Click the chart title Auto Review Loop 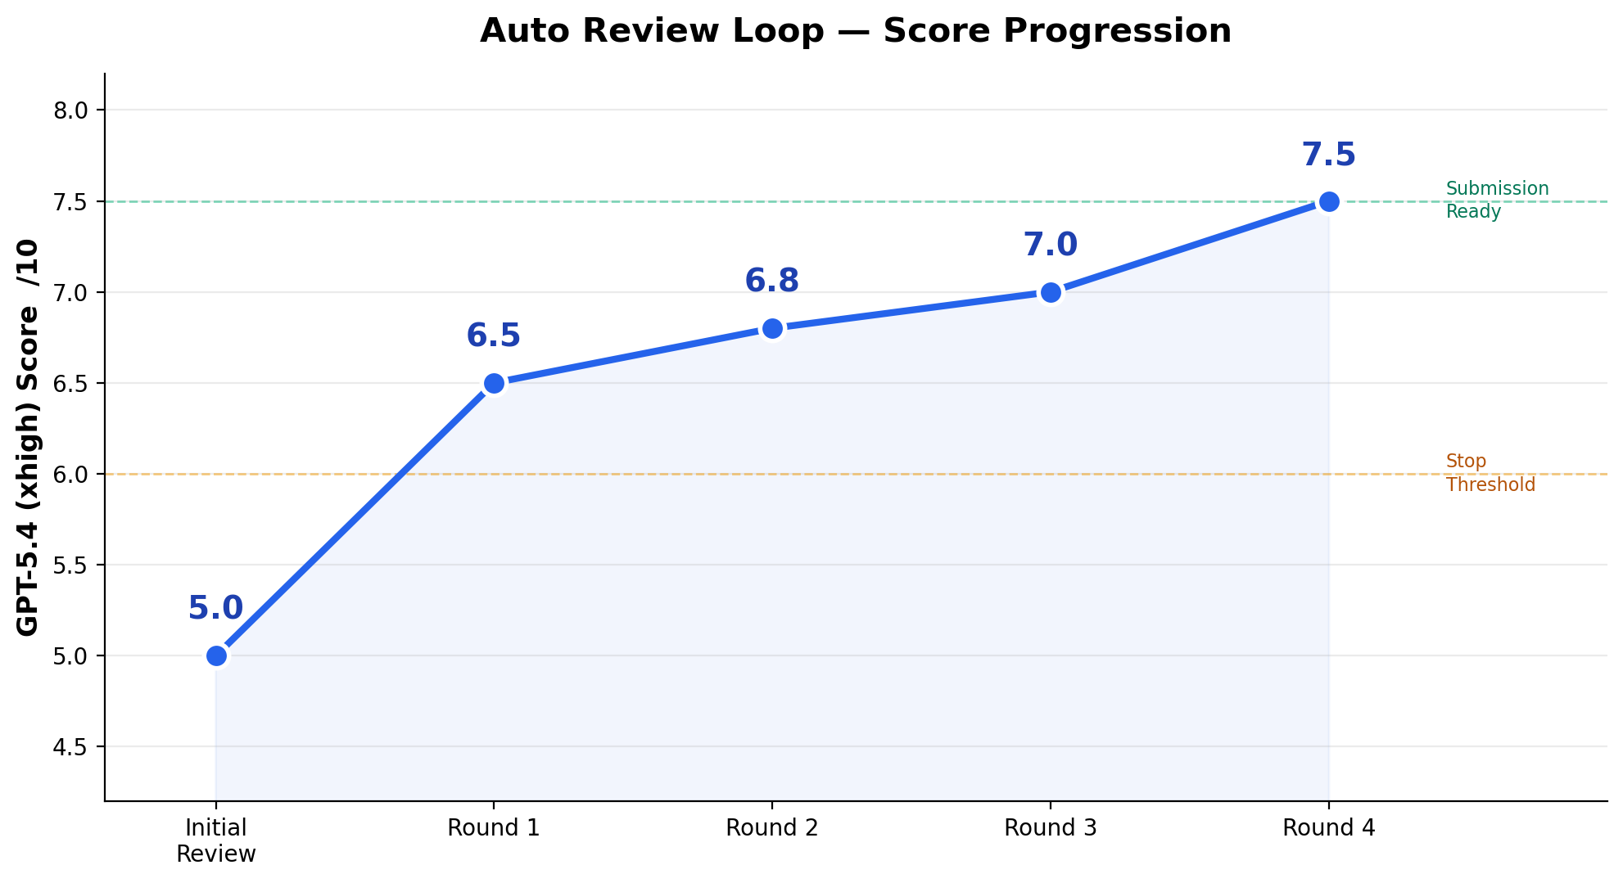pos(855,31)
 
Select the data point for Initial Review pos(216,655)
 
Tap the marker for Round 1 pos(494,383)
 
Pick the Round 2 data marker pos(772,328)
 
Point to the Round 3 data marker pos(1051,292)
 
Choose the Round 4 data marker pos(1329,201)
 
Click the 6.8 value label pos(771,282)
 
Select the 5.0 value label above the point pos(215,609)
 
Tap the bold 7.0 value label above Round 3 pos(1050,246)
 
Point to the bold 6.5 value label pos(493,336)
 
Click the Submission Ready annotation pos(1497,200)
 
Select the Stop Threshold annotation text pos(1490,473)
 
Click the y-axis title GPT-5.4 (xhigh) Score pos(28,437)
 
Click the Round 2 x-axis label pos(771,828)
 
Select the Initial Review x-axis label pos(216,841)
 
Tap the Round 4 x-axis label pos(1328,828)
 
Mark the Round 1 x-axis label pos(493,828)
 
